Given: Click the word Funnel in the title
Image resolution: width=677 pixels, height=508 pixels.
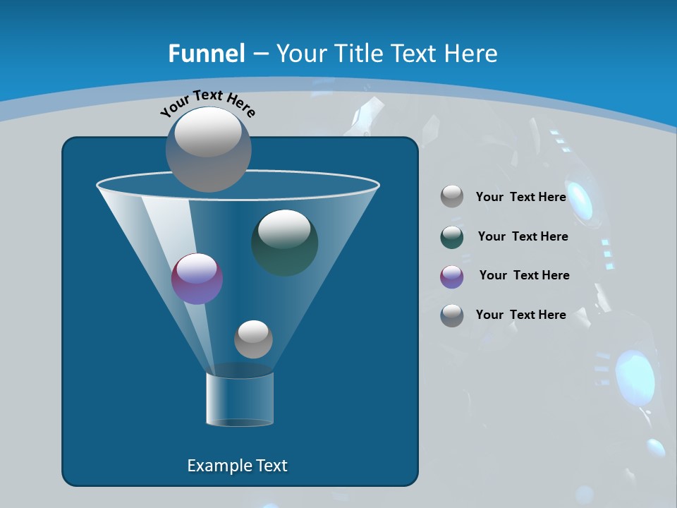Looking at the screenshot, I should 206,54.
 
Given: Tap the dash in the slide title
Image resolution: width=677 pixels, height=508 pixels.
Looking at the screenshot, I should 260,54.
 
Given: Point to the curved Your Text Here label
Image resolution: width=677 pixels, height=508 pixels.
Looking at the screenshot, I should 207,103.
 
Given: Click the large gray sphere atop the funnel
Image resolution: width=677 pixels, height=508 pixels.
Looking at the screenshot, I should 209,150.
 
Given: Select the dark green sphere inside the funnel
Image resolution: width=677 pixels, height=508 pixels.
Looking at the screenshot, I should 285,243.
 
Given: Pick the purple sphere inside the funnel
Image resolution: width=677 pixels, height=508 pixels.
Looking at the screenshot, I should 197,279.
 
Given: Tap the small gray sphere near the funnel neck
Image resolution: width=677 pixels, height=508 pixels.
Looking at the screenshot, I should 253,339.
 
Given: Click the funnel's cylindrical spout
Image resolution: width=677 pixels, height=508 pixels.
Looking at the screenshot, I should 240,399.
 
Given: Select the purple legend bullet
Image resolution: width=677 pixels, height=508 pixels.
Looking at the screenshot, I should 452,277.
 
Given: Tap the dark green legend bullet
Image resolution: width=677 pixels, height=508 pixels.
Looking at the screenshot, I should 452,238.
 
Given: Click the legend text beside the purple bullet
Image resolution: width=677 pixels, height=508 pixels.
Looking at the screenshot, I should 524,275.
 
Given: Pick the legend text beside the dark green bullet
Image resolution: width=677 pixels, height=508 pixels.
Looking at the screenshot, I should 523,236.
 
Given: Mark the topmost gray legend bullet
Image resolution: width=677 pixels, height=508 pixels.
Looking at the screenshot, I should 452,197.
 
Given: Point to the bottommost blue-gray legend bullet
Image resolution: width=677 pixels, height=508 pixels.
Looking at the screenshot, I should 452,315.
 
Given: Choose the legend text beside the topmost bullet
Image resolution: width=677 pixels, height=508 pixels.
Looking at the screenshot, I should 520,197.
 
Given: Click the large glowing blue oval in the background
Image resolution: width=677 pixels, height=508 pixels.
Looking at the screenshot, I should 635,377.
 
